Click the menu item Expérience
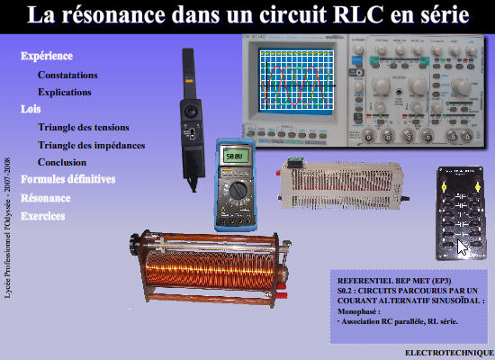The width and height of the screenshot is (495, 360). [46, 56]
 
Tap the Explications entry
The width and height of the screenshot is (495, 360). [65, 92]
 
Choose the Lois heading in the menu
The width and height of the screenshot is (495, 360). [31, 109]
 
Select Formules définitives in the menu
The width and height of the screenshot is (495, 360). [67, 179]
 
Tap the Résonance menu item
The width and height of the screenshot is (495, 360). [45, 198]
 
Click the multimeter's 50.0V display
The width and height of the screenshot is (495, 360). [235, 156]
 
